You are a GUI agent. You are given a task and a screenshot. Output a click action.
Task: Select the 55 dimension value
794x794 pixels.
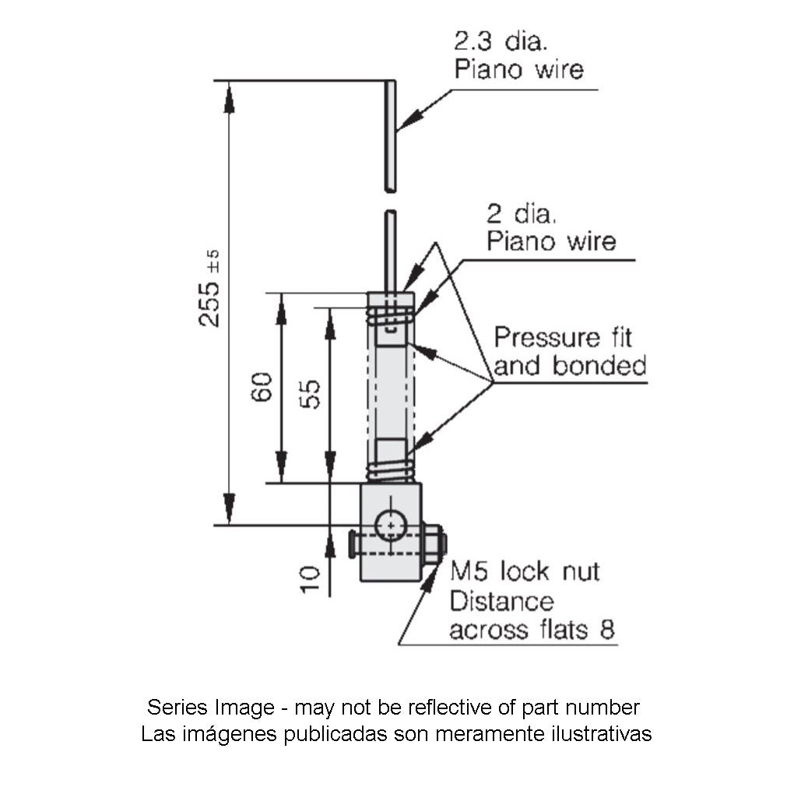[x=311, y=395]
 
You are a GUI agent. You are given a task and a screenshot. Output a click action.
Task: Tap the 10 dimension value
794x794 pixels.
[x=310, y=580]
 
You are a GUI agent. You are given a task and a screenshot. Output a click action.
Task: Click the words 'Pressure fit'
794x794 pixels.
[x=563, y=338]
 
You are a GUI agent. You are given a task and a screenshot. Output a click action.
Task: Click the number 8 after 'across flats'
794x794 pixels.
[x=606, y=630]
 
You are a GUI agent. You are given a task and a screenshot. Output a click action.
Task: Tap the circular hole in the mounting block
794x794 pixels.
[x=390, y=526]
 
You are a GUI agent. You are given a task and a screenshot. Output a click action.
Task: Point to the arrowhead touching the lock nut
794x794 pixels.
[x=430, y=579]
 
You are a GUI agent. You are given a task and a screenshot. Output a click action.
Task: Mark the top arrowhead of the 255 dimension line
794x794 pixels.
[x=229, y=97]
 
